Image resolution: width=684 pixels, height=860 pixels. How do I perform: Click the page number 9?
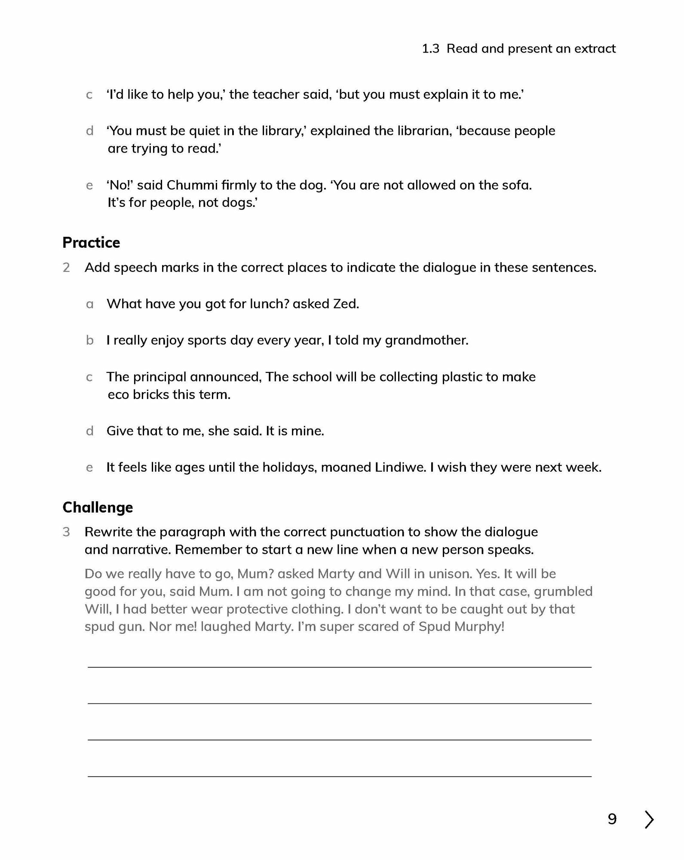pos(612,819)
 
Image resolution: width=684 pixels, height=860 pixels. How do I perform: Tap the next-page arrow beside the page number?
pos(649,819)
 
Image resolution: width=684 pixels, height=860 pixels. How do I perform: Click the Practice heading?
pos(91,243)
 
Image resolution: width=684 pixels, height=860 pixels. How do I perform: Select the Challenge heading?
pos(98,507)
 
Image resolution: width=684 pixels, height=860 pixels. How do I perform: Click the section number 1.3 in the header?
pos(430,49)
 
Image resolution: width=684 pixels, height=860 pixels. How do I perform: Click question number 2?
pos(66,267)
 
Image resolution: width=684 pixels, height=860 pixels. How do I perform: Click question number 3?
pos(66,532)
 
